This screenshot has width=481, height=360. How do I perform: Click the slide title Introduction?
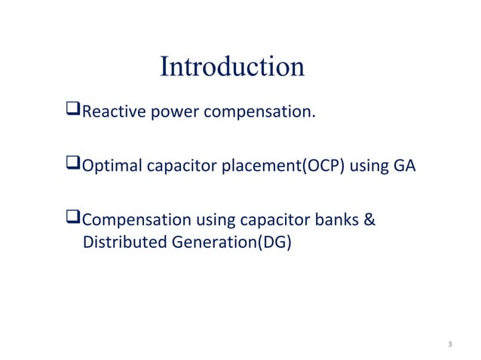tap(231, 67)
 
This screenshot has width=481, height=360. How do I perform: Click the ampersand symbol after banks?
tap(372, 221)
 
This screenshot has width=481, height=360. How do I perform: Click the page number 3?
tap(449, 345)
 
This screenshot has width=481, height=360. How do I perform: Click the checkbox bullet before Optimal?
tap(73, 167)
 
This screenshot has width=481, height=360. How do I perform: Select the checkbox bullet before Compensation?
tap(73, 221)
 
